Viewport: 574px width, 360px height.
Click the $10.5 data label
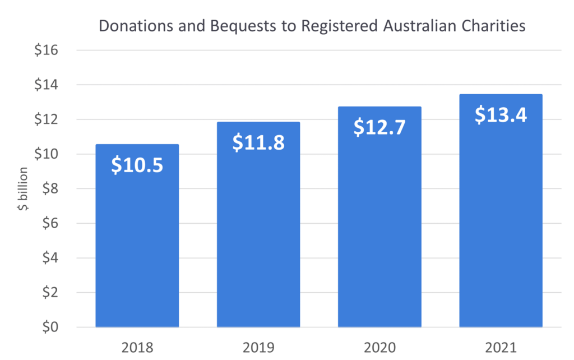click(x=137, y=165)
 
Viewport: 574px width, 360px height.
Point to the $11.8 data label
click(x=258, y=142)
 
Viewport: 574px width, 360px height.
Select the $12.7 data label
click(x=379, y=127)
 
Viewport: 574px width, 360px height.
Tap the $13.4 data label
click(x=501, y=114)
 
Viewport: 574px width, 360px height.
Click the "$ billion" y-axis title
click(x=22, y=188)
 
